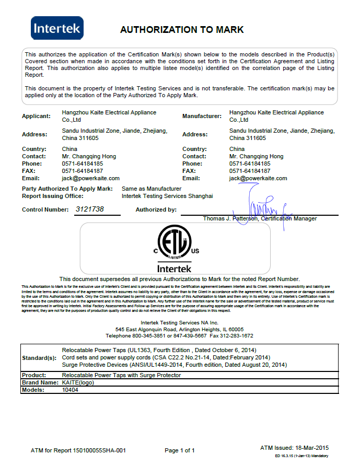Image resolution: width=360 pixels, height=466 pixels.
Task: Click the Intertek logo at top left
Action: pyautogui.click(x=57, y=28)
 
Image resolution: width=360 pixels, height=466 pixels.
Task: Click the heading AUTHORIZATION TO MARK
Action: pyautogui.click(x=182, y=30)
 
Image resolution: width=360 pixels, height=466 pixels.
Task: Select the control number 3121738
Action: pyautogui.click(x=90, y=209)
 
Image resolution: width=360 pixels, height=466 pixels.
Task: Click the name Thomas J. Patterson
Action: pyautogui.click(x=230, y=218)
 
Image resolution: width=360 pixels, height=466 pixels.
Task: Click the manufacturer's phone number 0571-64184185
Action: pyautogui.click(x=250, y=164)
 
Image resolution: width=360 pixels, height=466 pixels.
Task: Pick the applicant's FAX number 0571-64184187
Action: pyautogui.click(x=83, y=171)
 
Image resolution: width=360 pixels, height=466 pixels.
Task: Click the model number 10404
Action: pyautogui.click(x=70, y=390)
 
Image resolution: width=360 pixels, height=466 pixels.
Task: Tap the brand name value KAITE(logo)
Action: pyautogui.click(x=78, y=382)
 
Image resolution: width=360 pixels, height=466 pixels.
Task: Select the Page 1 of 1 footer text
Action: pyautogui.click(x=180, y=450)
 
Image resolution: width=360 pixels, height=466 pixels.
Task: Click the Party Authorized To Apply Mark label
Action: pyautogui.click(x=67, y=189)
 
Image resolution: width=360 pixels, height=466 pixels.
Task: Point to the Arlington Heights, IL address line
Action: pyautogui.click(x=180, y=329)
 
